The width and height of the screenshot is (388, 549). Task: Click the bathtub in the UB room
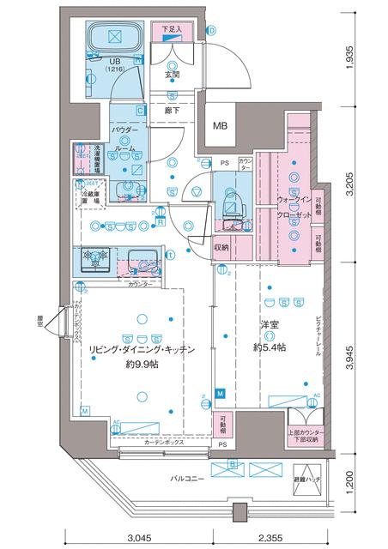coord(113,39)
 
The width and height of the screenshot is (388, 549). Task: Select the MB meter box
coord(221,125)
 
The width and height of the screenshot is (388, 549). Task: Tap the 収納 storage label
coord(224,248)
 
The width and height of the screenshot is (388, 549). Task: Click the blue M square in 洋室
coord(221,393)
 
